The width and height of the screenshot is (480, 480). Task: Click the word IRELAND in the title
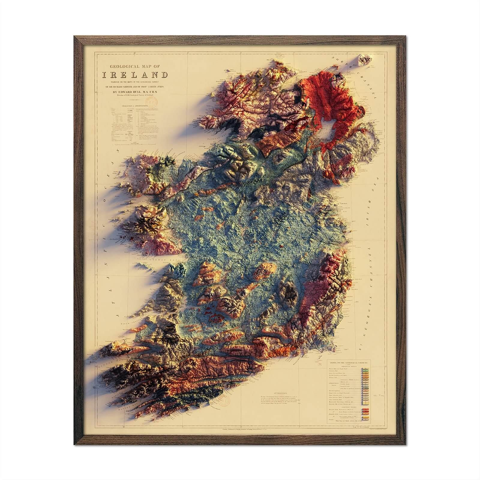click(135, 75)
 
